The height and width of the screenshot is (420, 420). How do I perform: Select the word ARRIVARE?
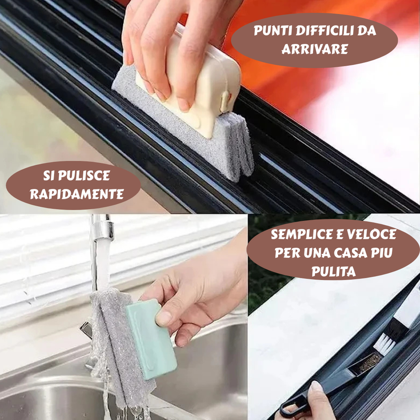coord(315,49)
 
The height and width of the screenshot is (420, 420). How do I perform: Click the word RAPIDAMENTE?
coord(77,194)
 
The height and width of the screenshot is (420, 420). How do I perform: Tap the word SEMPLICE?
coord(301,235)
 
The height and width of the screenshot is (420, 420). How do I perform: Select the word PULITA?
coord(333,272)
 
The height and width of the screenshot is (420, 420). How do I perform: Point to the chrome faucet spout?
coord(102,228)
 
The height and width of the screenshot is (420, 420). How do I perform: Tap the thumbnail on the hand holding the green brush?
coord(164,318)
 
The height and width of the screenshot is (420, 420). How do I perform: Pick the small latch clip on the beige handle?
coord(225,101)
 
